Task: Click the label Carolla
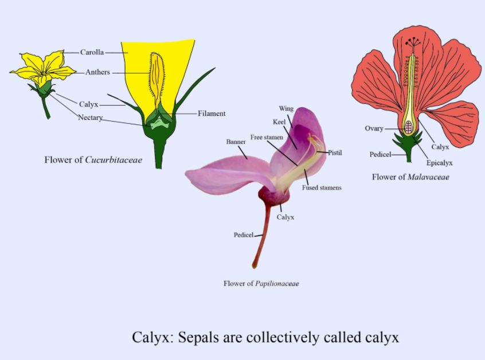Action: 92,52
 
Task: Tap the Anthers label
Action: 97,72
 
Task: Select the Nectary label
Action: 90,118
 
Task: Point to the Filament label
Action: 212,114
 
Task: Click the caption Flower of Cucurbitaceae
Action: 93,160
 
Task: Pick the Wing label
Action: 286,108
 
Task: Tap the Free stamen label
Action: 266,138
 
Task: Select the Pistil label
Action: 335,152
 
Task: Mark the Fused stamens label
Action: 322,187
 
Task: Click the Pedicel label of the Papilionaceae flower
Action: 243,235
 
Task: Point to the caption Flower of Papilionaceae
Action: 261,283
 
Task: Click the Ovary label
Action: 374,128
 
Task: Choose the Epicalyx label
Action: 439,163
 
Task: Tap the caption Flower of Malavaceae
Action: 410,177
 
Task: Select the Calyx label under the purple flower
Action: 285,217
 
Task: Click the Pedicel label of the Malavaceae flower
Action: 380,155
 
